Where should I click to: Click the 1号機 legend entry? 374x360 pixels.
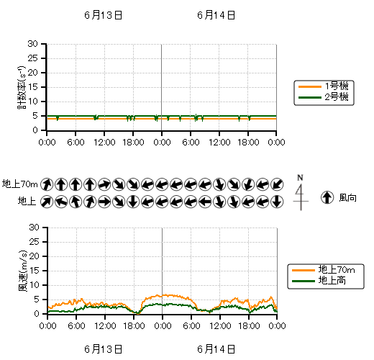[x=323, y=86]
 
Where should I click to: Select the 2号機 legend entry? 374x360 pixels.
[x=323, y=97]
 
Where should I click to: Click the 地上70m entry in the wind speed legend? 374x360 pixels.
[x=323, y=270]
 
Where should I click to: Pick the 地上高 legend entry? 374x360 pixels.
[x=319, y=281]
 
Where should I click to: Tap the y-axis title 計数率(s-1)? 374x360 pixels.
[x=22, y=87]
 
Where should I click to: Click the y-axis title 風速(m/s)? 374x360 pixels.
[x=23, y=271]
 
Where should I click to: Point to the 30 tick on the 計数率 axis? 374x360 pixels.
[x=33, y=44]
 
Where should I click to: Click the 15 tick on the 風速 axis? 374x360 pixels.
[x=34, y=271]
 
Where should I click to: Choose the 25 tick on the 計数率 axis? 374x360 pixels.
[x=33, y=58]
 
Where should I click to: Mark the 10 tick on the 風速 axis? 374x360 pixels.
[x=34, y=285]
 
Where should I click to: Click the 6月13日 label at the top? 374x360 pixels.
[x=104, y=15]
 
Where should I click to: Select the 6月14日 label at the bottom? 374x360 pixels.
[x=216, y=349]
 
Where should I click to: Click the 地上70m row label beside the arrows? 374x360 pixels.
[x=20, y=184]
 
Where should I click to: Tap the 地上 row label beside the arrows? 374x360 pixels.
[x=27, y=201]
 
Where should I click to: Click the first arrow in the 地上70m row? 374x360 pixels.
[x=47, y=184]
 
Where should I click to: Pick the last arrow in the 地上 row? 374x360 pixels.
[x=277, y=202]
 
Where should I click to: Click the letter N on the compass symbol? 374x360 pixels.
[x=300, y=178]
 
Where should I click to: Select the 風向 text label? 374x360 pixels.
[x=347, y=198]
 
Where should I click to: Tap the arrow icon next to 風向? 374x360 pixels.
[x=327, y=197]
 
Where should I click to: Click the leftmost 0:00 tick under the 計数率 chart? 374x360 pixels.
[x=47, y=142]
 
